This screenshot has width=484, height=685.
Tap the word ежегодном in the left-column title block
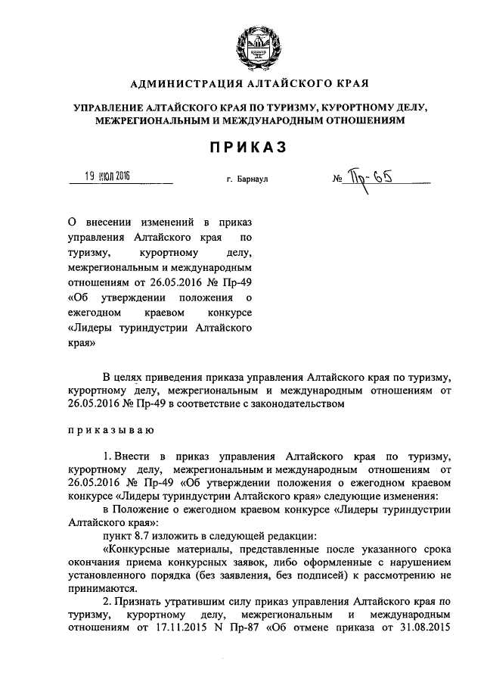(95, 313)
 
